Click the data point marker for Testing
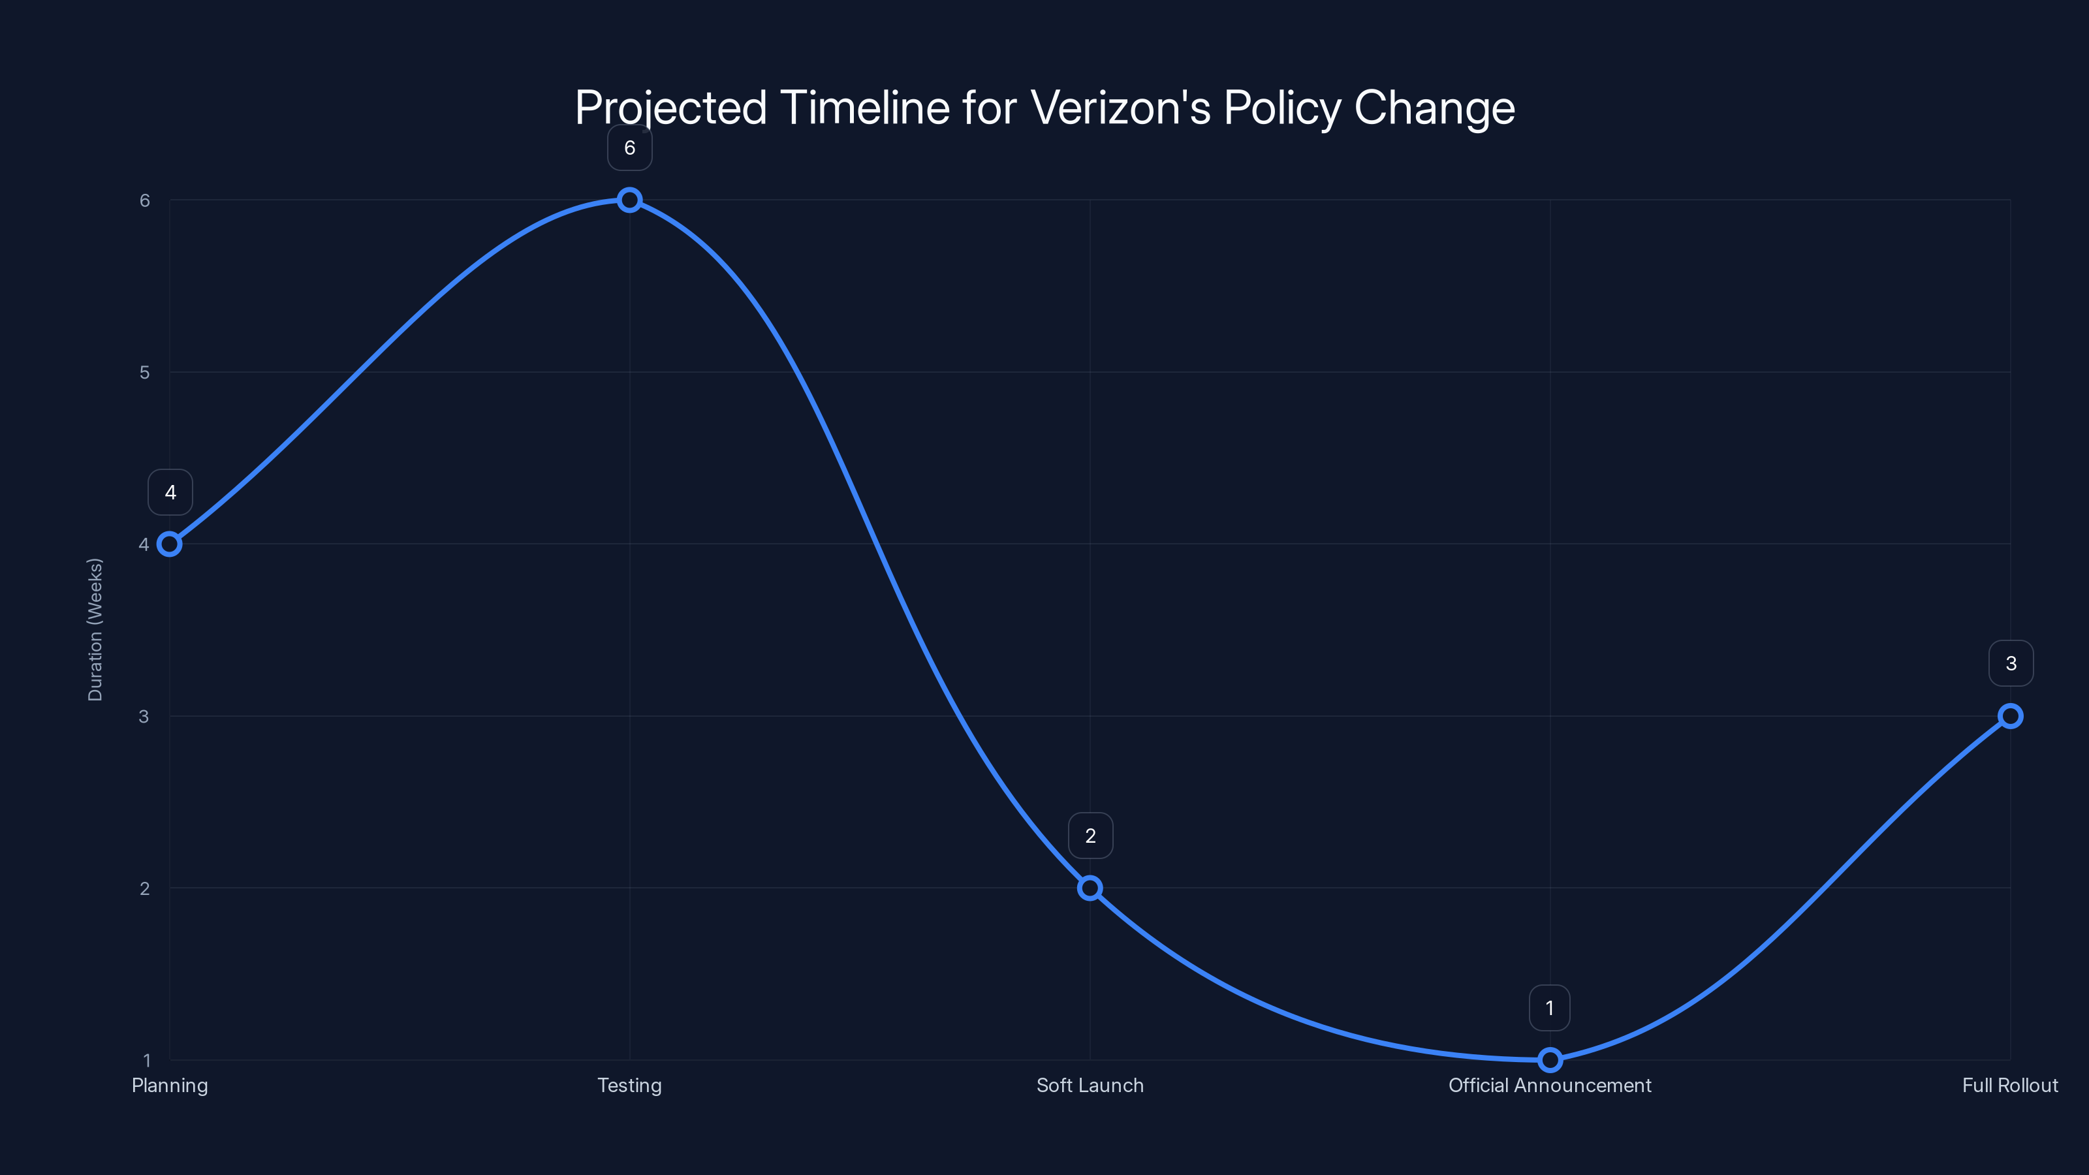tap(629, 200)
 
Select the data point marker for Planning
tap(170, 544)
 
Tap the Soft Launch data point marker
tap(1090, 888)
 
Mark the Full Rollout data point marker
tap(2011, 716)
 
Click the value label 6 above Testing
tap(629, 148)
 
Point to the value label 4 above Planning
tap(170, 492)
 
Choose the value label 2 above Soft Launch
tap(1091, 836)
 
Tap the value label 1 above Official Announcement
tap(1550, 1008)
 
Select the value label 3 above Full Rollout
tap(2011, 663)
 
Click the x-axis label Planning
tap(170, 1086)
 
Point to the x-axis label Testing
tap(629, 1086)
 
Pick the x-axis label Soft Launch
tap(1090, 1086)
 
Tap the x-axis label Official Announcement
tap(1550, 1086)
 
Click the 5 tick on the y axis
tap(145, 372)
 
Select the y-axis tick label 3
tap(144, 716)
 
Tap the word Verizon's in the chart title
tap(1121, 107)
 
